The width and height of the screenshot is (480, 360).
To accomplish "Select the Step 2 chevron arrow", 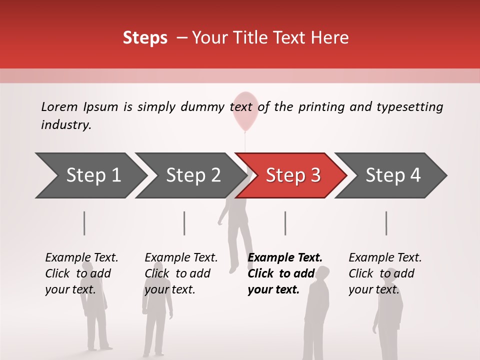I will (192, 175).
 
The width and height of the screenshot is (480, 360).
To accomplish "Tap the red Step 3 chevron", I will (292, 175).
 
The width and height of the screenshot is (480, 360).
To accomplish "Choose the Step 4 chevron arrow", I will (392, 175).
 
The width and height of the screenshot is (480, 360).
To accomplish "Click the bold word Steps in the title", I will (145, 38).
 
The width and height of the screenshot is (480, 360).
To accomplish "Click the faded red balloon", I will (245, 110).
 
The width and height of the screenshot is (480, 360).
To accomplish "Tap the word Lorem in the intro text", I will (59, 106).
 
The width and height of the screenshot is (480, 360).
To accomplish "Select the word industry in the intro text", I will (65, 124).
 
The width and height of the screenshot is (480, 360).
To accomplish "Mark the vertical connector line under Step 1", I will (84, 223).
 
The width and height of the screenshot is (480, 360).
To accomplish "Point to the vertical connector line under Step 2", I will (184, 223).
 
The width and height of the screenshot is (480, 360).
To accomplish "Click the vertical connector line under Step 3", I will (285, 223).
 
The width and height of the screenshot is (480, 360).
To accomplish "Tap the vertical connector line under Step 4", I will (386, 223).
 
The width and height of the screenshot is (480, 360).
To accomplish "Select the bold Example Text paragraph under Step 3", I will (284, 273).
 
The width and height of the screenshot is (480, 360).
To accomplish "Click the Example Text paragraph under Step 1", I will (81, 273).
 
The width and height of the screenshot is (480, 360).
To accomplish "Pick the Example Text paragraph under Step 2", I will (180, 273).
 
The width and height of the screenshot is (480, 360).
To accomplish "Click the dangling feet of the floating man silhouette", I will (233, 268).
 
